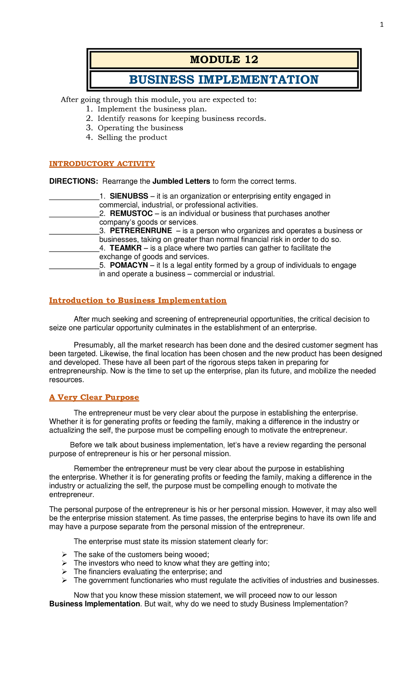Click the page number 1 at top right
click(x=382, y=25)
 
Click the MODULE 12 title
click(x=224, y=60)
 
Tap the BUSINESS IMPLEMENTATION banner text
click(x=224, y=80)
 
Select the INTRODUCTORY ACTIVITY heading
click(x=102, y=164)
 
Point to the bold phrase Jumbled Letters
click(x=181, y=181)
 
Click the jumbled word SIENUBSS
click(x=129, y=196)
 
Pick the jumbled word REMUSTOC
click(x=131, y=213)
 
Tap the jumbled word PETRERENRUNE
click(x=141, y=231)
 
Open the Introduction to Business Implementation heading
click(x=138, y=300)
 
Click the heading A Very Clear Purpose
click(x=94, y=398)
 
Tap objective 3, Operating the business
click(x=140, y=128)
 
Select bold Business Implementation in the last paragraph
click(x=94, y=604)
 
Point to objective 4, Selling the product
click(x=132, y=138)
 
